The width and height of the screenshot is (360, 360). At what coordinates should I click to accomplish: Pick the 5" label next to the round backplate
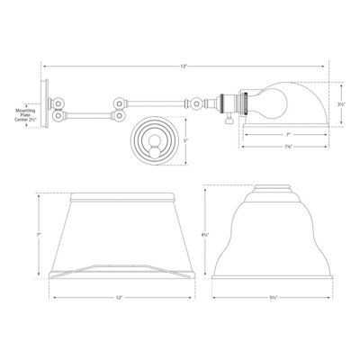[x=184, y=140]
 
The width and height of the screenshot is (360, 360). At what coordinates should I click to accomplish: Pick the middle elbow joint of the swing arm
[x=117, y=109]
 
